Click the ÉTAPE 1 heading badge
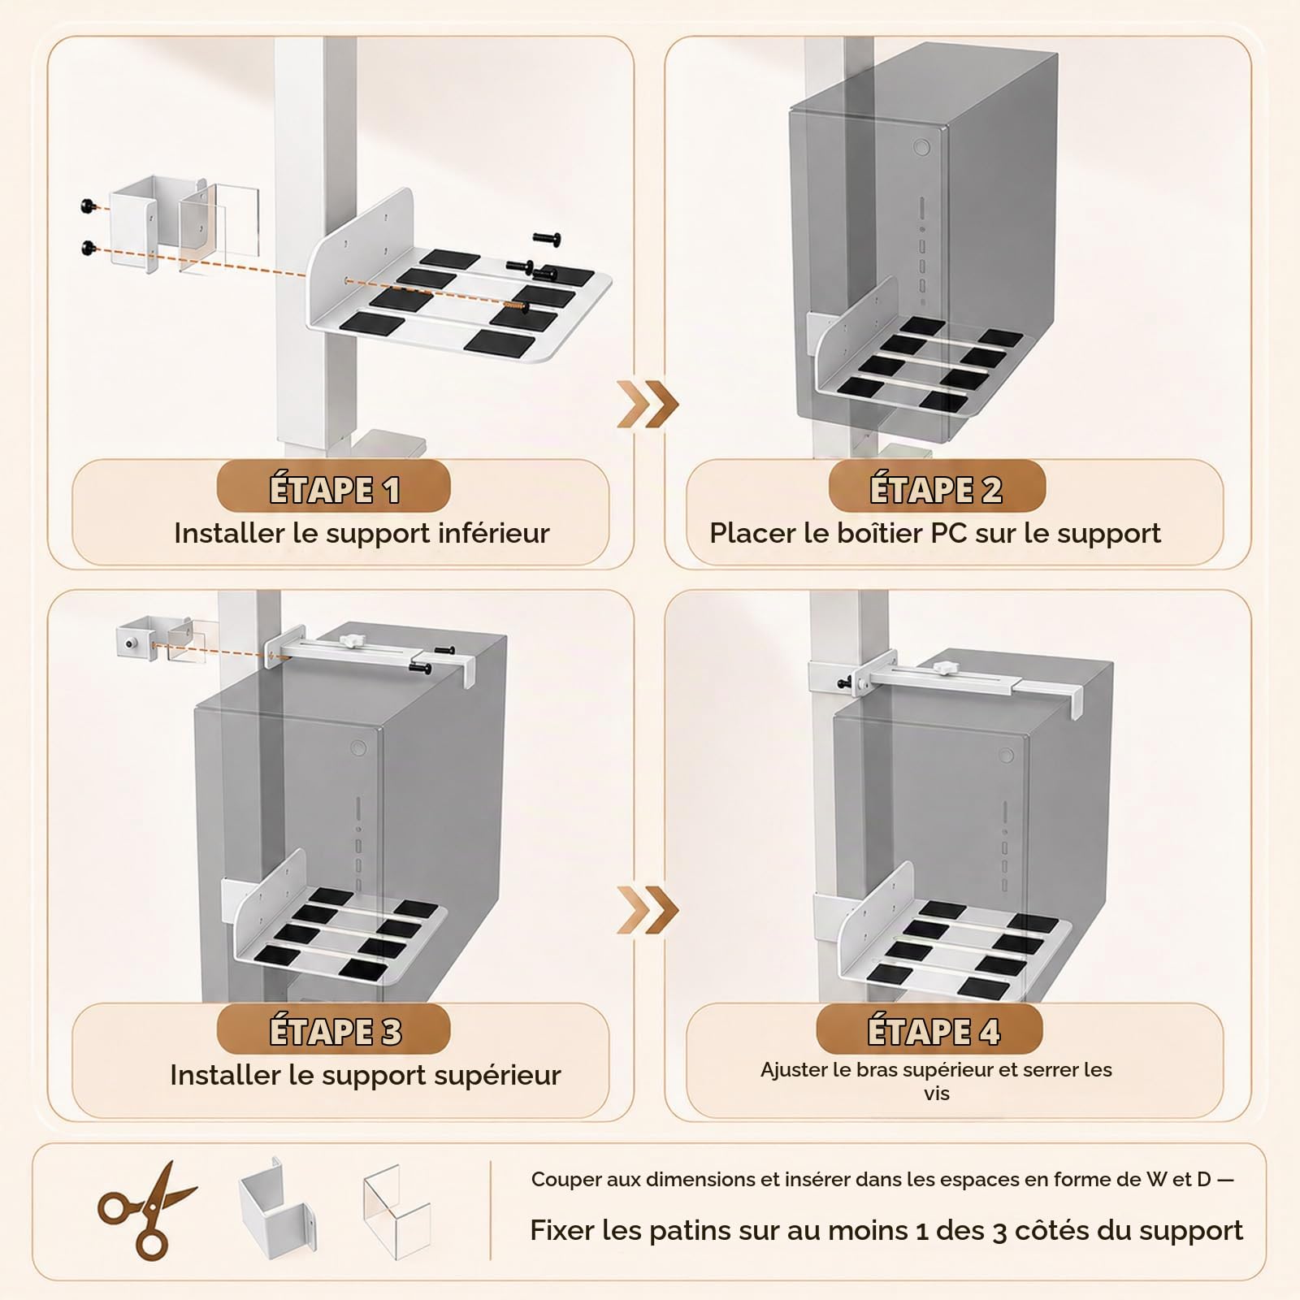point(333,489)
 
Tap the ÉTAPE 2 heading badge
point(936,489)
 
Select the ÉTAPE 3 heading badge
point(333,1030)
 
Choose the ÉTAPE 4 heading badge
point(929,1030)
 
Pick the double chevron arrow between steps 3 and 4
point(647,909)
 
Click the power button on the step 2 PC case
point(921,148)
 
